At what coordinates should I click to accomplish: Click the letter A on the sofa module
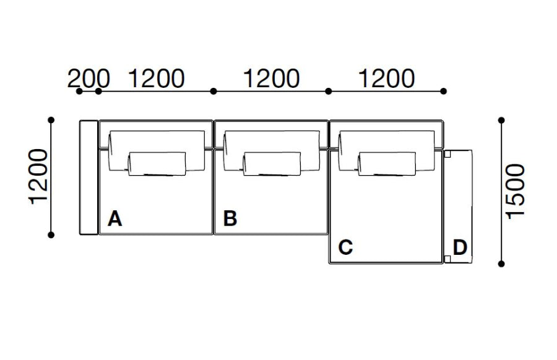pyautogui.click(x=114, y=218)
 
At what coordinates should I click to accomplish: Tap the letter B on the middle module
pyautogui.click(x=230, y=218)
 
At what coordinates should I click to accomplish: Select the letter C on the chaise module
pyautogui.click(x=345, y=247)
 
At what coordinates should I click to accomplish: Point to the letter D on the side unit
pyautogui.click(x=460, y=247)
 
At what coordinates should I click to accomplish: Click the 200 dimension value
pyautogui.click(x=89, y=78)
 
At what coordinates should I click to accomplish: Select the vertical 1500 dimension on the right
pyautogui.click(x=515, y=191)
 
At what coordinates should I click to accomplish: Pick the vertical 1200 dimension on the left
pyautogui.click(x=38, y=177)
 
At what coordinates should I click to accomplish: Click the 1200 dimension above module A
pyautogui.click(x=157, y=78)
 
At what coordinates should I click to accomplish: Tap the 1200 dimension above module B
pyautogui.click(x=272, y=78)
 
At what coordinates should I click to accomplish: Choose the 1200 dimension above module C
pyautogui.click(x=387, y=78)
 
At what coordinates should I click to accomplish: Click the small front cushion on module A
pyautogui.click(x=157, y=164)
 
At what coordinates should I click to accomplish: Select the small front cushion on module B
pyautogui.click(x=272, y=164)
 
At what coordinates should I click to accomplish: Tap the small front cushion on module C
pyautogui.click(x=387, y=164)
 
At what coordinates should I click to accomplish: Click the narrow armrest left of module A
pyautogui.click(x=89, y=178)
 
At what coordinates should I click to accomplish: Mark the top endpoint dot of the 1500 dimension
pyautogui.click(x=501, y=121)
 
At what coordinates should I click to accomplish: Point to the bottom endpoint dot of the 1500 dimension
pyautogui.click(x=501, y=264)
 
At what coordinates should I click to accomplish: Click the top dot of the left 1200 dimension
pyautogui.click(x=51, y=120)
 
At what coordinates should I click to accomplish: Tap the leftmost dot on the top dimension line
pyautogui.click(x=79, y=92)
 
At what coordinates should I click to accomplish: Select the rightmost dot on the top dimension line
pyautogui.click(x=443, y=92)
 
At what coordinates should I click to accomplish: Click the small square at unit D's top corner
pyautogui.click(x=447, y=154)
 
